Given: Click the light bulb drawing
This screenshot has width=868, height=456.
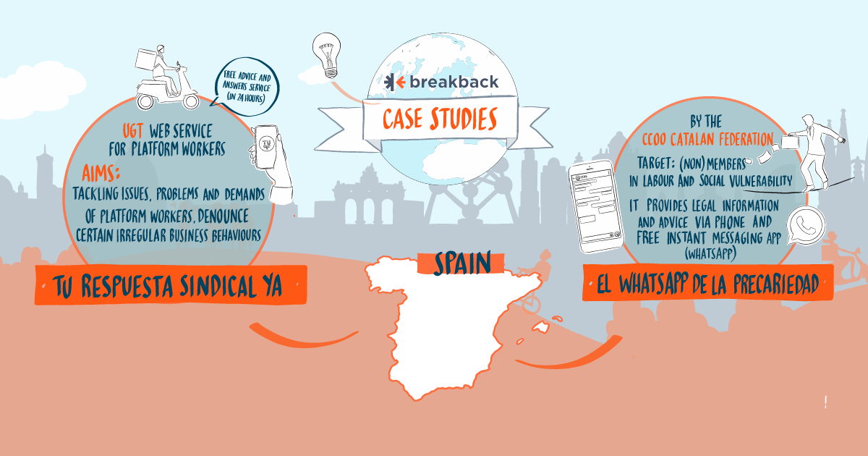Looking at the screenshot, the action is click(327, 55).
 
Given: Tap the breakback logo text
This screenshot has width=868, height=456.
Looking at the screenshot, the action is click(454, 82).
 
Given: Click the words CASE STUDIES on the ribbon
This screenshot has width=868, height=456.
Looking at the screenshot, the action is click(441, 119).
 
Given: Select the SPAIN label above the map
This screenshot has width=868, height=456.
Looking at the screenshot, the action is click(462, 263).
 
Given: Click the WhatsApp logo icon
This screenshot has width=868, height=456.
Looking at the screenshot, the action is click(806, 225).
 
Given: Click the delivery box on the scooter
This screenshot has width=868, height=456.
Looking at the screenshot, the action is click(146, 60).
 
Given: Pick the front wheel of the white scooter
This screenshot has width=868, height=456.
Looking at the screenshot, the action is click(191, 101).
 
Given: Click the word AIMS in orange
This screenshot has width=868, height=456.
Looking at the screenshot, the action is click(101, 173).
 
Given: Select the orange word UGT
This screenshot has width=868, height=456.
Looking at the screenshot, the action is click(133, 131).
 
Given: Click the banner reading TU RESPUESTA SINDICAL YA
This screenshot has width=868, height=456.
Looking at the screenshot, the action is click(171, 285).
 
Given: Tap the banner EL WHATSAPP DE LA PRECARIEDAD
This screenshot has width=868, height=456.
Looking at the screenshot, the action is click(707, 283).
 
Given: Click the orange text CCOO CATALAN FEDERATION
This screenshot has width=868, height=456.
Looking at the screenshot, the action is click(707, 139).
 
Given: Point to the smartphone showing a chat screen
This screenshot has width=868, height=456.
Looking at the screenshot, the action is click(595, 206).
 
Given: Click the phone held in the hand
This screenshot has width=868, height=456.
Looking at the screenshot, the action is click(266, 147).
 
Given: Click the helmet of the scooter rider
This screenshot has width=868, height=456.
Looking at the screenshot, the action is click(161, 49).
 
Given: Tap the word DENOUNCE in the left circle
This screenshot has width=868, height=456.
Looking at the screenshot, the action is click(223, 216).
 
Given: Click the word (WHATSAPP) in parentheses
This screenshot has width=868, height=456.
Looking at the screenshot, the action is click(710, 254).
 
